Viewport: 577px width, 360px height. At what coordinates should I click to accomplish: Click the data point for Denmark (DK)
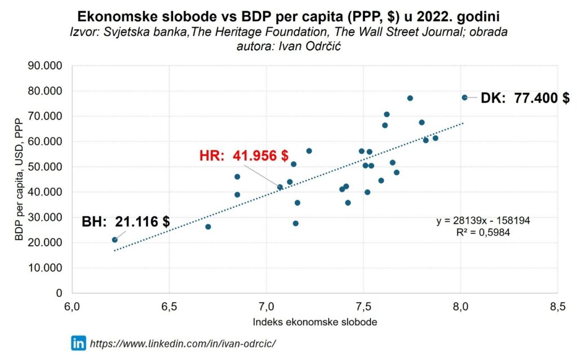point(465,97)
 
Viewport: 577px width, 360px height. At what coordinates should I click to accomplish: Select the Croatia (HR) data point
point(280,187)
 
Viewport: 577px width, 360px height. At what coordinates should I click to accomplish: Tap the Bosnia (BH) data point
point(115,239)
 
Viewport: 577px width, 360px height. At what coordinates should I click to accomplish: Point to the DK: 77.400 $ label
point(525,98)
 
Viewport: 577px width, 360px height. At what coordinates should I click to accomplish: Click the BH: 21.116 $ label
point(126,221)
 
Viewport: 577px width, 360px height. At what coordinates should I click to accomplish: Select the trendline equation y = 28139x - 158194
point(483,220)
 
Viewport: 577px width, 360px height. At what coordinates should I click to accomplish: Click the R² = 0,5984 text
point(483,232)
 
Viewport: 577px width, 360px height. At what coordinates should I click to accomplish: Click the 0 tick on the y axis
point(58,293)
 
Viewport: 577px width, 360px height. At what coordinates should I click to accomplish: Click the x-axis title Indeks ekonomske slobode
point(315,322)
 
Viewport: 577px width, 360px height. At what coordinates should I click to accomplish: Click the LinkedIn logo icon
point(78,343)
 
